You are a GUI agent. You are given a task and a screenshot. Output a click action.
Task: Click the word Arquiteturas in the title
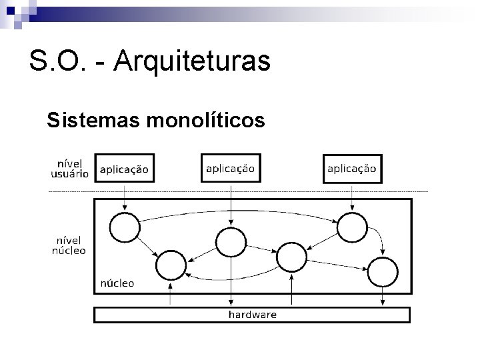pyautogui.click(x=192, y=61)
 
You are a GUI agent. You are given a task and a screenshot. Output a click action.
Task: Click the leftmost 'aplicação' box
pyautogui.click(x=125, y=169)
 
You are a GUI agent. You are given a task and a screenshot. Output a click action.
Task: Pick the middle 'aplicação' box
pyautogui.click(x=230, y=169)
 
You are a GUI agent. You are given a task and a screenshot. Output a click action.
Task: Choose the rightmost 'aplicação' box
pyautogui.click(x=351, y=169)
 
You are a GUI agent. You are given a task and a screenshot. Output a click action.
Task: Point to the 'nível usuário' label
pyautogui.click(x=69, y=168)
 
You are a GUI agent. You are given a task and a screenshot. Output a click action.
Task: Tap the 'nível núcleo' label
pyautogui.click(x=69, y=245)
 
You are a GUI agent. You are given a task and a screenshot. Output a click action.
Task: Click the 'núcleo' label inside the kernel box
pyautogui.click(x=117, y=283)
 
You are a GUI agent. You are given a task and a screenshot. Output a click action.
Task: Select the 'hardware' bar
pyautogui.click(x=252, y=314)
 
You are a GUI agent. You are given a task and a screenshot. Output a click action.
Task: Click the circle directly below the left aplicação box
pyautogui.click(x=124, y=227)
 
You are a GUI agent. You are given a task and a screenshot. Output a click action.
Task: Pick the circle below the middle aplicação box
pyautogui.click(x=230, y=241)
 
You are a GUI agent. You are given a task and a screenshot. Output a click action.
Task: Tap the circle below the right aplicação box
pyautogui.click(x=351, y=227)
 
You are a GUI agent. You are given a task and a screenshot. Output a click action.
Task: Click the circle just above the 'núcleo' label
pyautogui.click(x=171, y=267)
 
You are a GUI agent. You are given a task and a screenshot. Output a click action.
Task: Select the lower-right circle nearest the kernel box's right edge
pyautogui.click(x=382, y=272)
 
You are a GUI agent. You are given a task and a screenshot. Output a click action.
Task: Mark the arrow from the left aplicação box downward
pyautogui.click(x=125, y=197)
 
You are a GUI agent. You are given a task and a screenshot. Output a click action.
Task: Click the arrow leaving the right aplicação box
pyautogui.click(x=351, y=197)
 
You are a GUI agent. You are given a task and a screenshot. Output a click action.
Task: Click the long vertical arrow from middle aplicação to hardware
pyautogui.click(x=230, y=283)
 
